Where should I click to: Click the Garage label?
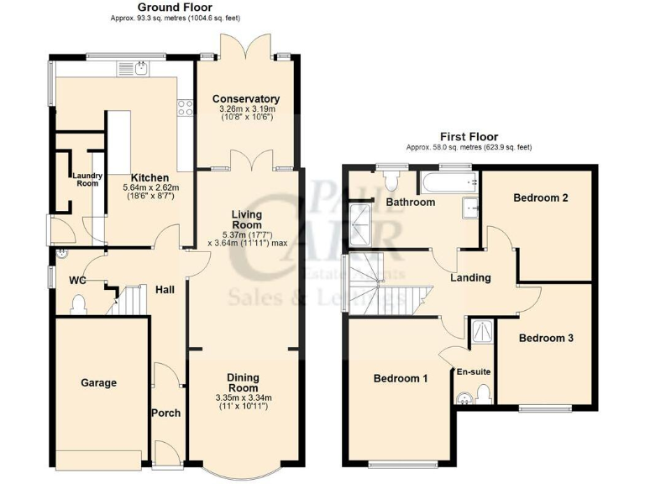(x=98, y=383)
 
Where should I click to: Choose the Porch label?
(x=165, y=413)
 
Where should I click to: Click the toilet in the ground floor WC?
(x=80, y=303)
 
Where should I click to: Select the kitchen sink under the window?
(x=140, y=67)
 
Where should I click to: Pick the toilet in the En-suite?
(x=483, y=392)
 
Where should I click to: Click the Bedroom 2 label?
(x=541, y=197)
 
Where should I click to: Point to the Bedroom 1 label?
(x=401, y=379)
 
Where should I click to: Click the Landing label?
(x=470, y=277)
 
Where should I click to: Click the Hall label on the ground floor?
(x=165, y=289)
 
